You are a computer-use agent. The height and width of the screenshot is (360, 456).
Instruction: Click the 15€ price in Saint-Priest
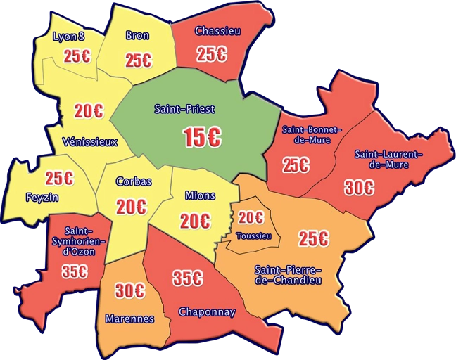coord(202,138)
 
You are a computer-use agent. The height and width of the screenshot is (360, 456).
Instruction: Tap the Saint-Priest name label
coord(184,109)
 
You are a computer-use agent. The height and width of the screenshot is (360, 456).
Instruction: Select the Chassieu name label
coord(217,31)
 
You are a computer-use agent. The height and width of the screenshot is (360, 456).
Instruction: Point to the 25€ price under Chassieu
coord(211,53)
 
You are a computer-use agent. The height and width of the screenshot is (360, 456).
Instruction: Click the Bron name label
coord(137,35)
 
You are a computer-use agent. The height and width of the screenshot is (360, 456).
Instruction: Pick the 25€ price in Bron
coord(138,60)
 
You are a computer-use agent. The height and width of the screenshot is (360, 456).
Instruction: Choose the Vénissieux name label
coord(89,141)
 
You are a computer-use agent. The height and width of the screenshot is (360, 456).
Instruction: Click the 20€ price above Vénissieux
coord(89,111)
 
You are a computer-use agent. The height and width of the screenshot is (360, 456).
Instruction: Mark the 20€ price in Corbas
coord(131,207)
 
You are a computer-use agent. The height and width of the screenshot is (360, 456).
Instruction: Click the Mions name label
coord(200,195)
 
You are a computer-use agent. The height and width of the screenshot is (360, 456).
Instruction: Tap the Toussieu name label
coord(254,236)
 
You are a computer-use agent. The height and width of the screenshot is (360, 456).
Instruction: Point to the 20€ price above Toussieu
coord(250,218)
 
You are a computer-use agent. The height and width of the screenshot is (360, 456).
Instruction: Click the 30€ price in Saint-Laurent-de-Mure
coord(359,188)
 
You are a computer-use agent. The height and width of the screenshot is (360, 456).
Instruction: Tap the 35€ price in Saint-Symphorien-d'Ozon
coord(74,271)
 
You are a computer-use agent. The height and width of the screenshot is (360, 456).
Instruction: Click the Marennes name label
coord(129,319)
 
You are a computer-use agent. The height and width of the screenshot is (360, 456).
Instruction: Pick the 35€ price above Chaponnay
coord(188,278)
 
